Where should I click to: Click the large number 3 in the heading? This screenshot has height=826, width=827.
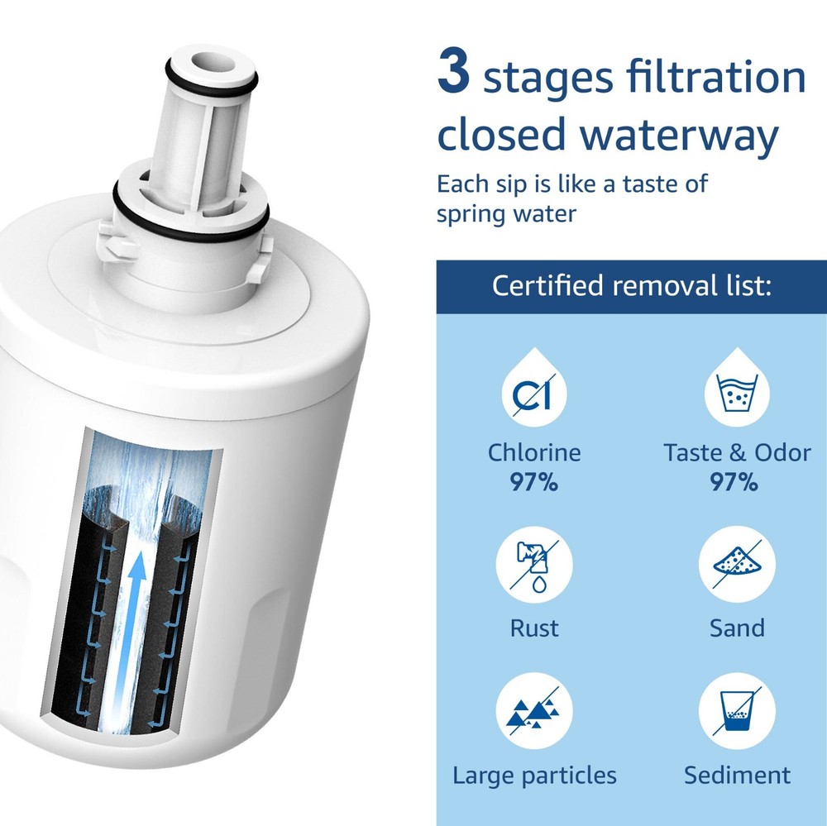[x=454, y=74]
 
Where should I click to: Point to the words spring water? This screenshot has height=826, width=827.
[x=505, y=213]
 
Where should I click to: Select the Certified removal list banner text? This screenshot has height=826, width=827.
[x=632, y=286]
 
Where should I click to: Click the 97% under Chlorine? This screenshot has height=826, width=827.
[x=533, y=482]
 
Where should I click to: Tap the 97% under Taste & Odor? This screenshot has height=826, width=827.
[x=734, y=482]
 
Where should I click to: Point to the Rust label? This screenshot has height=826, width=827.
[x=533, y=628]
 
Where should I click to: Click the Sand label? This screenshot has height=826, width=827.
[x=736, y=628]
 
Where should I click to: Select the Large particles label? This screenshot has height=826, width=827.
[x=534, y=776]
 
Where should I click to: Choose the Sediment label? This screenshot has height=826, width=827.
[x=736, y=776]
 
